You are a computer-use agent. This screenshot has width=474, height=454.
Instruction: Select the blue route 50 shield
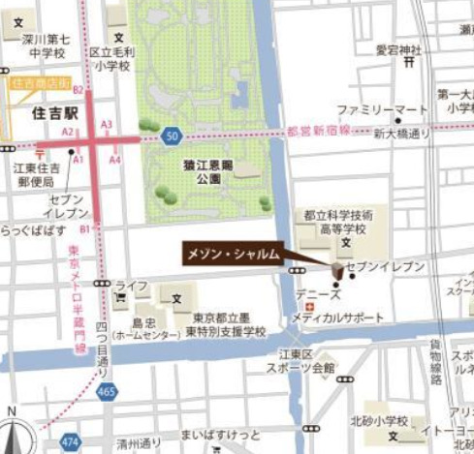[172, 135]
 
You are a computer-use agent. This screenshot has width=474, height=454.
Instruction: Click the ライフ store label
[130, 287]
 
